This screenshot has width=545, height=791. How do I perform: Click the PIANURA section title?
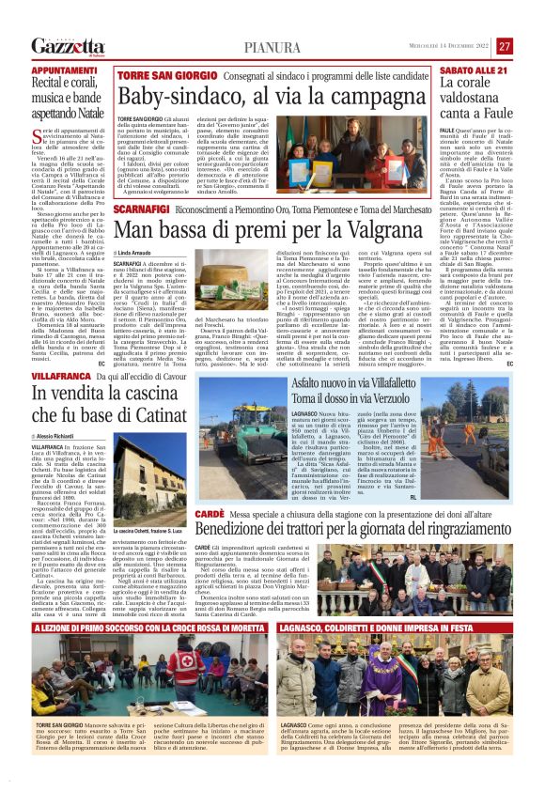272,46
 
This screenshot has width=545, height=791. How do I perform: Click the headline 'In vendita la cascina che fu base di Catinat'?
126,403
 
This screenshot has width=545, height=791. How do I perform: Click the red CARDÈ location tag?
211,515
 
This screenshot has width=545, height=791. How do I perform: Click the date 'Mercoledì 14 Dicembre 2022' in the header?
444,46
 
